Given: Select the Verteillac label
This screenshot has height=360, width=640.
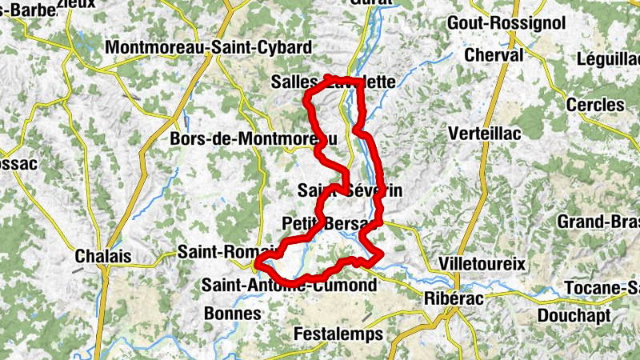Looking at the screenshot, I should [486, 133].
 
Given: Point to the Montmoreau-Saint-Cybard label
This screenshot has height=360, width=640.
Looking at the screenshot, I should [208, 48].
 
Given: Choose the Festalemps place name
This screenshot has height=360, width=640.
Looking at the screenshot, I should [338, 334].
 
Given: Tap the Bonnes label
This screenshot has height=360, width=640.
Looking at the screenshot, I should [233, 313].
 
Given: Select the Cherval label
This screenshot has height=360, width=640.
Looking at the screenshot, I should [494, 55].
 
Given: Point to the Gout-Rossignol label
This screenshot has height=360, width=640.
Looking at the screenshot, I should [507, 22].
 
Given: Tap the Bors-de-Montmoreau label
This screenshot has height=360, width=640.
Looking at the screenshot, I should [254, 139].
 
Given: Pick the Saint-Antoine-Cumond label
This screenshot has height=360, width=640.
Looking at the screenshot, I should [289, 286].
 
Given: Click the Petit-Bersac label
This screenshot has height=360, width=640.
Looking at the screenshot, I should [328, 222].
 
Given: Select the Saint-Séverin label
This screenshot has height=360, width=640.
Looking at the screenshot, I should [349, 191].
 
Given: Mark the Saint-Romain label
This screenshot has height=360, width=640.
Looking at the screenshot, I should [226, 251].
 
